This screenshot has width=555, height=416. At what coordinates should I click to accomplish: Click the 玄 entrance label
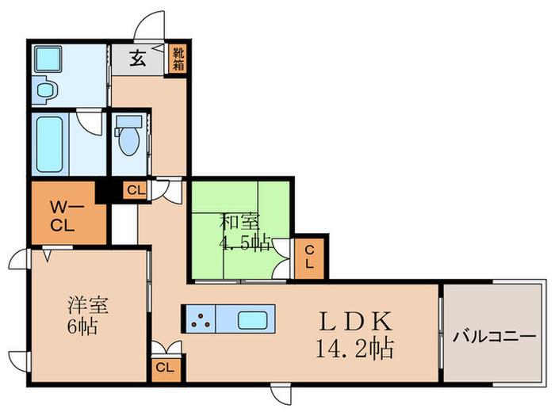click(x=137, y=59)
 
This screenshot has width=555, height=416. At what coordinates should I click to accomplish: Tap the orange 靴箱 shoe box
click(x=178, y=59)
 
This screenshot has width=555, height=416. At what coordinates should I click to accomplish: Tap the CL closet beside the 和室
click(x=309, y=257)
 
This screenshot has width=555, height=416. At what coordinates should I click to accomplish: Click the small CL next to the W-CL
click(x=136, y=191)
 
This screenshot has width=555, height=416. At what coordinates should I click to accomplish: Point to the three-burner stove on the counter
click(x=200, y=319)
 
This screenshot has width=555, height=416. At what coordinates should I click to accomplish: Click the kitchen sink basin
click(x=252, y=320)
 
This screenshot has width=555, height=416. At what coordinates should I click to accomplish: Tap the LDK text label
click(x=356, y=321)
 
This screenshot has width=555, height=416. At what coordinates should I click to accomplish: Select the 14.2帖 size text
click(x=354, y=349)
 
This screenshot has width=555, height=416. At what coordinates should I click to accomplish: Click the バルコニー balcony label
click(x=495, y=337)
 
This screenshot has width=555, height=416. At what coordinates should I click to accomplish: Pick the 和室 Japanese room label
click(x=239, y=222)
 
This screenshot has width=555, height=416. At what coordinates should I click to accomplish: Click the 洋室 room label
click(x=88, y=305)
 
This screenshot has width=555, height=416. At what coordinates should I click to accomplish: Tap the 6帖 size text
click(x=82, y=326)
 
